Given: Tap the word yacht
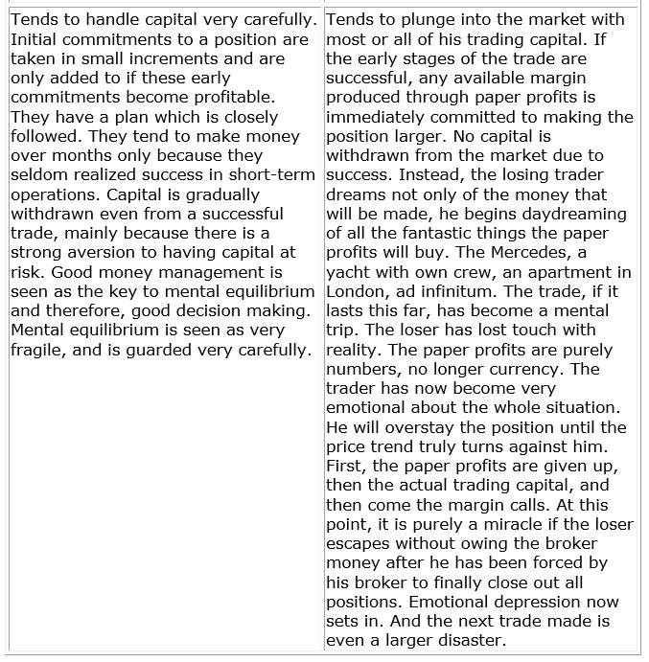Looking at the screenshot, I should (x=349, y=272).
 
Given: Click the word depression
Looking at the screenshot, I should (x=534, y=602).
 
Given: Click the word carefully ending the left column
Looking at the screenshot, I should (x=271, y=350).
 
